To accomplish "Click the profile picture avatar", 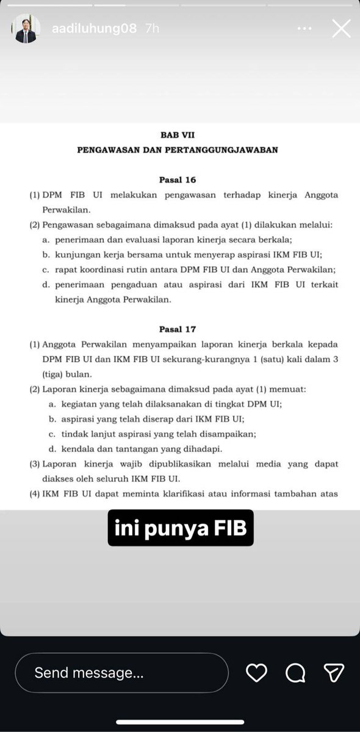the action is [x=26, y=29].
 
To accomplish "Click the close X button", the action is [x=340, y=28].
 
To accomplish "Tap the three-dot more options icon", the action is [x=304, y=29].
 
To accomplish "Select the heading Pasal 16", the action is [x=177, y=180].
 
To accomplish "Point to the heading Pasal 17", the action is [x=177, y=329].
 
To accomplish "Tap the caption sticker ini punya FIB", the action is [x=181, y=528].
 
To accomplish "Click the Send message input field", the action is [x=121, y=673].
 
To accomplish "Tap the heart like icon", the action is [x=256, y=673].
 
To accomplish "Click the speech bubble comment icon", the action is [x=295, y=673].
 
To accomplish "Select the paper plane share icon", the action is [x=334, y=673].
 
